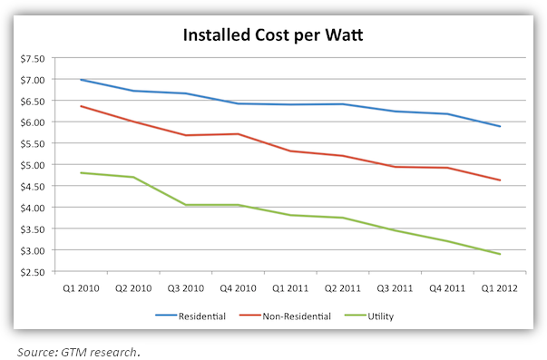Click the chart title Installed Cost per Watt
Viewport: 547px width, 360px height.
tap(274, 36)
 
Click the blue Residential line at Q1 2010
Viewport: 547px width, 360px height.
tap(81, 80)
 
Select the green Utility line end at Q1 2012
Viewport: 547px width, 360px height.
tap(500, 254)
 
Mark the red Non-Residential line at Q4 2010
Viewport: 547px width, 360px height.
tap(238, 134)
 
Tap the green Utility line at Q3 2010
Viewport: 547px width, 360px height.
tap(185, 205)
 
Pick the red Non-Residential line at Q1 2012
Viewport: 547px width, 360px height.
tap(500, 180)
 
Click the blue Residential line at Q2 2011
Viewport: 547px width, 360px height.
tap(343, 104)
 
